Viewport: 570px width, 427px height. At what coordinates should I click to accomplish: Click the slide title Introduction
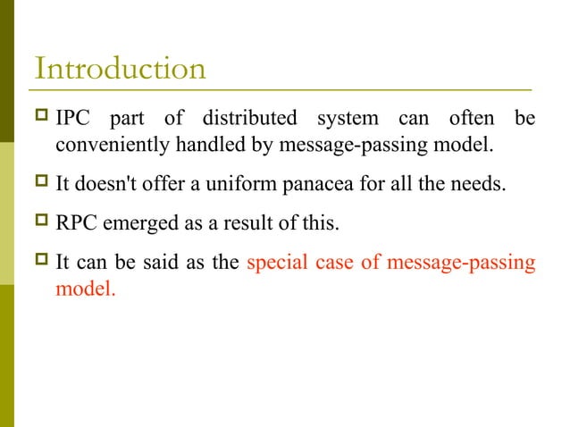(x=119, y=69)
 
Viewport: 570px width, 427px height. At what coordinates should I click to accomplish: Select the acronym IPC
(x=75, y=118)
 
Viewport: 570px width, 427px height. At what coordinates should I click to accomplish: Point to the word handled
(x=204, y=143)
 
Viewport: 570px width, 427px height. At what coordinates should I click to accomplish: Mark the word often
(x=463, y=118)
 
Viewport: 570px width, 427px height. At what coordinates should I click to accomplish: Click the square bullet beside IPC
(x=39, y=118)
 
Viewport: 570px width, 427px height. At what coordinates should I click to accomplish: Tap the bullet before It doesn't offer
(x=39, y=182)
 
